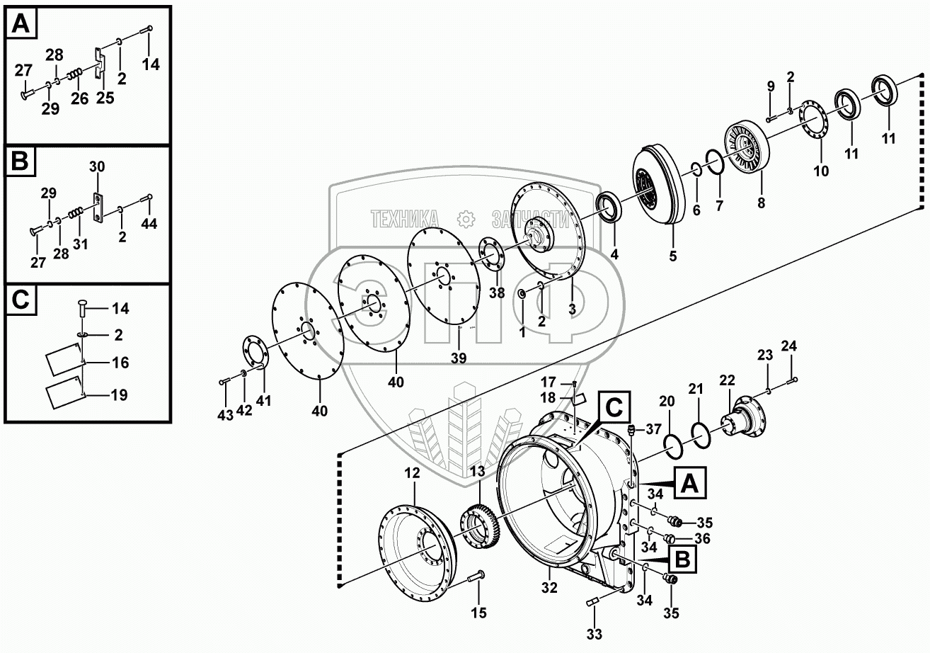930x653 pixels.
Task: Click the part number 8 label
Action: tap(761, 202)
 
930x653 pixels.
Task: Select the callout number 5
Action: tap(672, 256)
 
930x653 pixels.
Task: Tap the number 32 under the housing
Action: tap(549, 587)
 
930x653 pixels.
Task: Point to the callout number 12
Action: tap(413, 472)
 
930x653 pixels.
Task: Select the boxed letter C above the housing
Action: tap(613, 407)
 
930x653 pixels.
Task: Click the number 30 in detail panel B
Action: tap(97, 166)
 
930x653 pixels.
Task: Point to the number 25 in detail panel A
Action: tap(105, 98)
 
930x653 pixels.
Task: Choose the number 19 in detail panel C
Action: tap(119, 394)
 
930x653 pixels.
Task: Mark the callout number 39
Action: tap(459, 358)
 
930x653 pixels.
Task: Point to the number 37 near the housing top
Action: tap(653, 429)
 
